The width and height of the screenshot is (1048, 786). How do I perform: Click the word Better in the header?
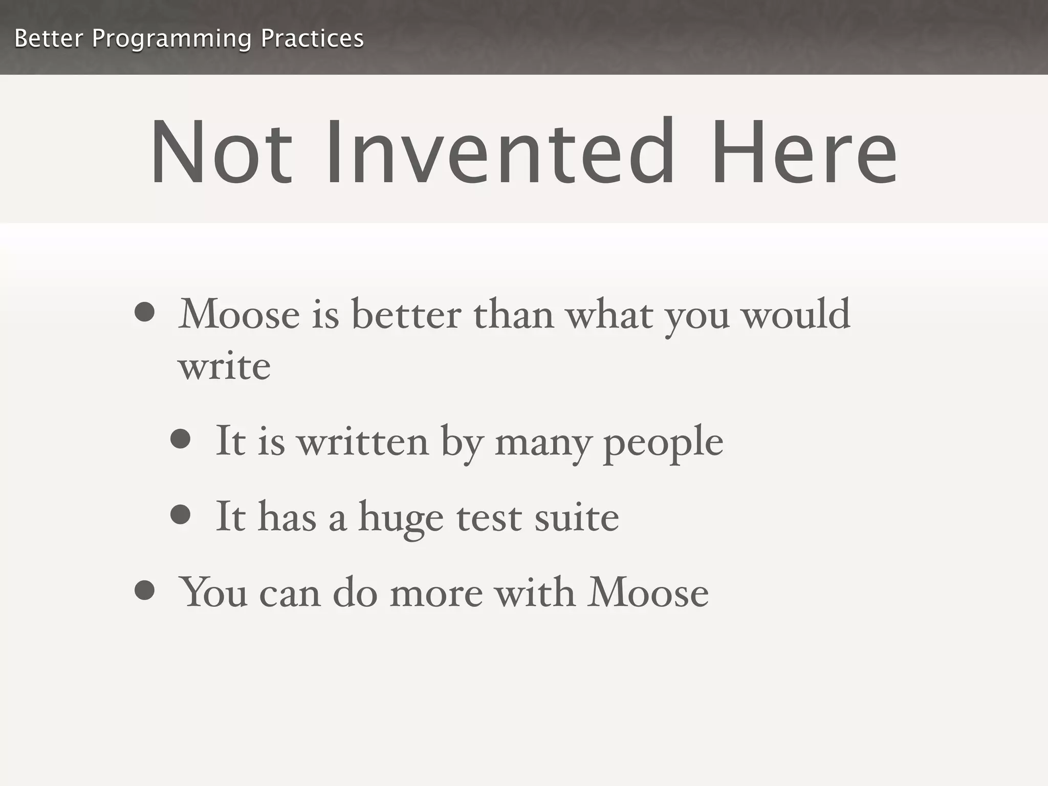point(48,38)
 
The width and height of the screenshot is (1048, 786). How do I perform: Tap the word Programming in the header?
point(171,39)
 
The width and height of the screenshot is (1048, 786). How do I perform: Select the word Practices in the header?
point(312,38)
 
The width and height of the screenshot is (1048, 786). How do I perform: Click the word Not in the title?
point(221,152)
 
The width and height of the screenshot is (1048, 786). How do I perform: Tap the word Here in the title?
point(803,152)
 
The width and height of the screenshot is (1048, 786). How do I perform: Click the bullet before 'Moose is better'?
point(145,312)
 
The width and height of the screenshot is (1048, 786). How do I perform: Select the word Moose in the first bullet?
point(239,314)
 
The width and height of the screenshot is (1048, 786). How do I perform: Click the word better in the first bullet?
point(406,314)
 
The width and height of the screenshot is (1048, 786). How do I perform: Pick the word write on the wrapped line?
point(224,366)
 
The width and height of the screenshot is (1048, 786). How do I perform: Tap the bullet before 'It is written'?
point(181,439)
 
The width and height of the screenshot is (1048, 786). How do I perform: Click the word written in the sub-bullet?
point(363,441)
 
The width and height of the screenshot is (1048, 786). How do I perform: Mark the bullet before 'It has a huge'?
point(181,514)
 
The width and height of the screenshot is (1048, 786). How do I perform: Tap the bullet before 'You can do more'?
point(145,590)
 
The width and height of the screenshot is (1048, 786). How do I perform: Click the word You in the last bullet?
point(214,593)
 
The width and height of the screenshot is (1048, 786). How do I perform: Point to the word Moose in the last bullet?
point(648,593)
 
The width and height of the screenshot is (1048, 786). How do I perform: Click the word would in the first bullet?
point(796,314)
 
